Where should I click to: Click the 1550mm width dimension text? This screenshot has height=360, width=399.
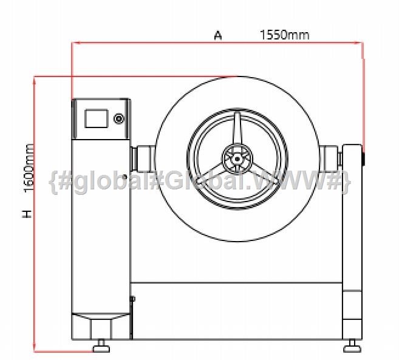(284, 35)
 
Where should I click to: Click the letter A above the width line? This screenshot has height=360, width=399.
(218, 35)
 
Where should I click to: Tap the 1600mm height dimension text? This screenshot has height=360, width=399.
(29, 168)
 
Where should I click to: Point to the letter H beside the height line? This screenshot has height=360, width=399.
(27, 214)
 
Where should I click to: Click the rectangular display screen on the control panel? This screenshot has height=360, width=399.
(96, 118)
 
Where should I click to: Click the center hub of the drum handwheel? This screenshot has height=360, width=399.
(237, 159)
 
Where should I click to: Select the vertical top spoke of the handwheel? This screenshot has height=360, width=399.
(237, 129)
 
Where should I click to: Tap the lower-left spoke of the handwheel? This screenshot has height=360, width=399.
(213, 174)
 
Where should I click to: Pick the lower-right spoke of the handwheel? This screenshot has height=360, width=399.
(262, 174)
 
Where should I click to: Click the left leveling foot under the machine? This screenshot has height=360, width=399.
(101, 346)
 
